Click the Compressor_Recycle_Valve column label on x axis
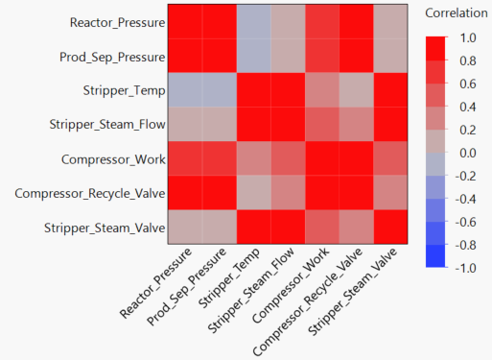(322, 302)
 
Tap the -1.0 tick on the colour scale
(467, 268)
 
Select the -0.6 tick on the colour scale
(467, 222)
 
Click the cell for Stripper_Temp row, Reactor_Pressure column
(186, 90)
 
